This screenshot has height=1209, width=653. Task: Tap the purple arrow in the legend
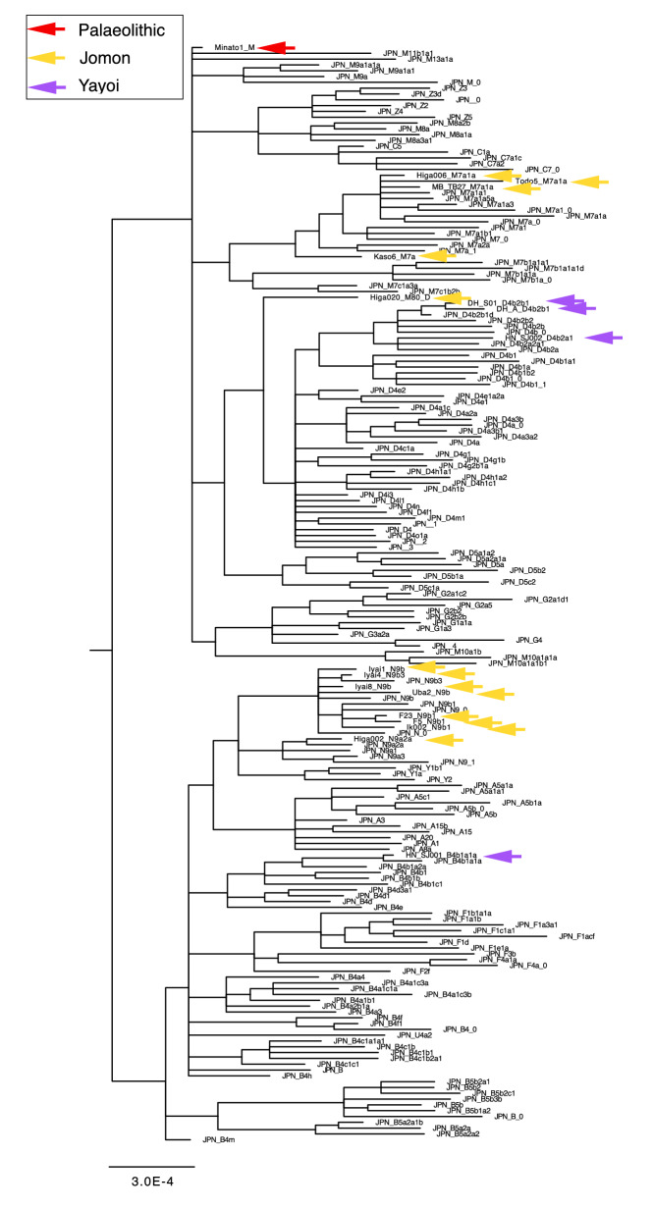click(x=45, y=85)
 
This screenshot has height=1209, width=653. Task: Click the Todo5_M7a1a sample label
click(x=541, y=182)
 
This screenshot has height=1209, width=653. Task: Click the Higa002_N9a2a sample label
click(x=377, y=739)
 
